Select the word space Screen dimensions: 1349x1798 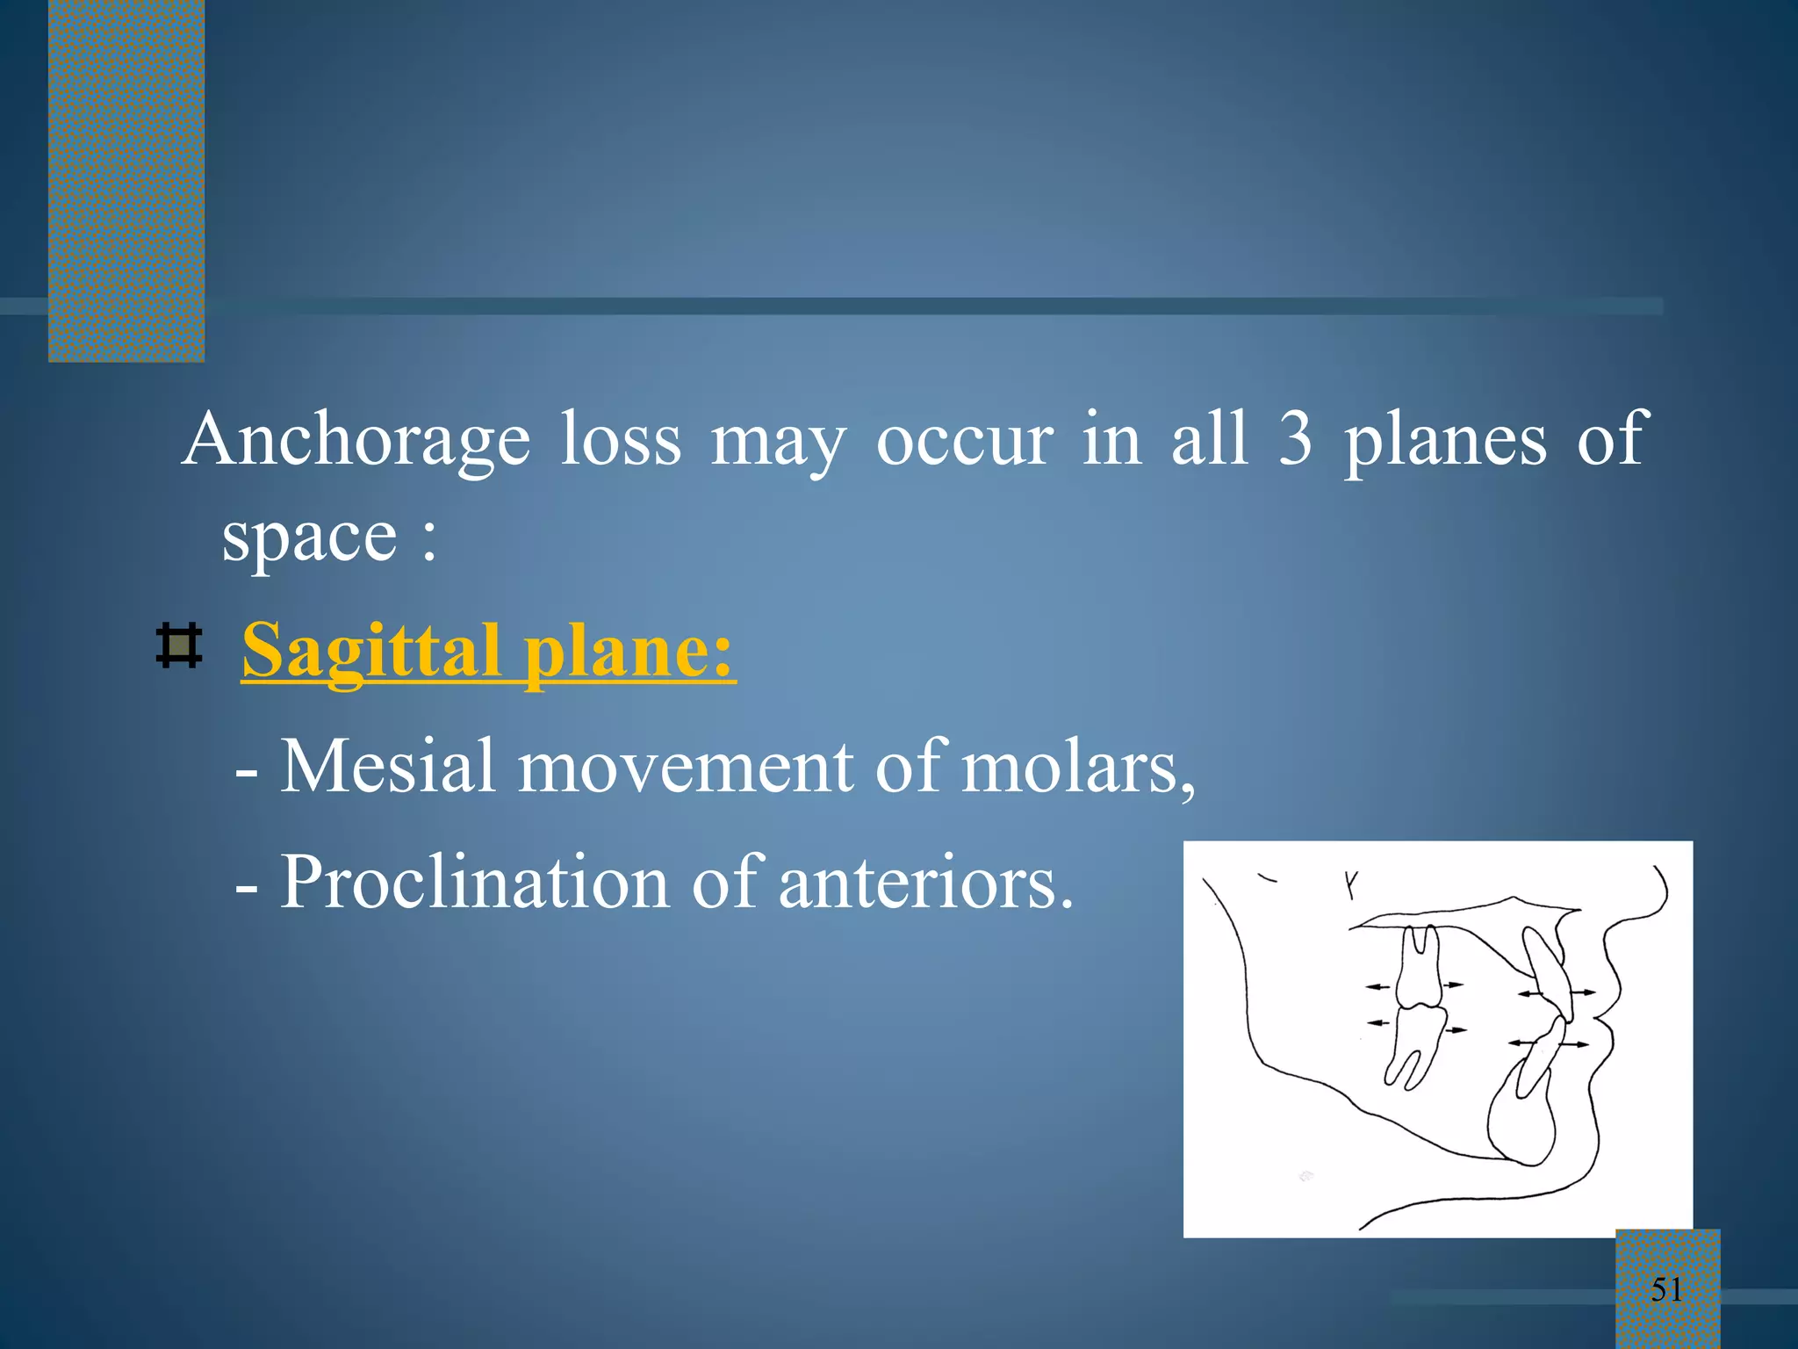(309, 537)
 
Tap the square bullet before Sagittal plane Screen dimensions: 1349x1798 (179, 646)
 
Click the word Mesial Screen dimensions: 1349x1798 (387, 767)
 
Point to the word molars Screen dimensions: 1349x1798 (1077, 767)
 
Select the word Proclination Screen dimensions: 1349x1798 (474, 882)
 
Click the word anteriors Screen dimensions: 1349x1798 (925, 882)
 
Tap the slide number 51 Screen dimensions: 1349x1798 (1666, 1289)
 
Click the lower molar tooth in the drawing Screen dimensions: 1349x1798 (1415, 1045)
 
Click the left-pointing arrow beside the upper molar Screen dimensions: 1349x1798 (1378, 987)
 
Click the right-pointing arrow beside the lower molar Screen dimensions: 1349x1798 (1456, 1029)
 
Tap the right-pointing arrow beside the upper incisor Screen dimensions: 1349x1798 (1585, 992)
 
